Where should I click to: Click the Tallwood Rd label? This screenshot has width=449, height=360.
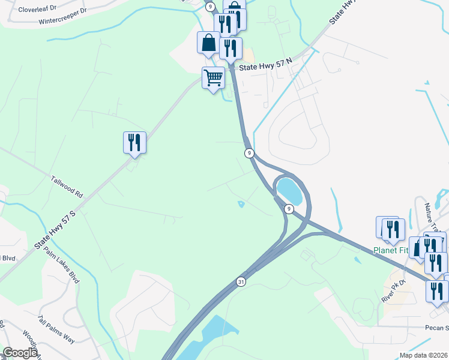(67, 187)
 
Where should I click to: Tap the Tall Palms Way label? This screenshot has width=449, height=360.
(56, 329)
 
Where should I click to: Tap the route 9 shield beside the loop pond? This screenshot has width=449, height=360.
(289, 209)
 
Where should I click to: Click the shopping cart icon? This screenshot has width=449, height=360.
(214, 77)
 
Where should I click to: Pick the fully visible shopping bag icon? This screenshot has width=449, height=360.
(208, 43)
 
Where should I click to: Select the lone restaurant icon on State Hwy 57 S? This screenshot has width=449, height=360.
(134, 142)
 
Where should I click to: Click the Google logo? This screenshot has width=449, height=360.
(20, 353)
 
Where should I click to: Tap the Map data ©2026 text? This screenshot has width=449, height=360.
(422, 355)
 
